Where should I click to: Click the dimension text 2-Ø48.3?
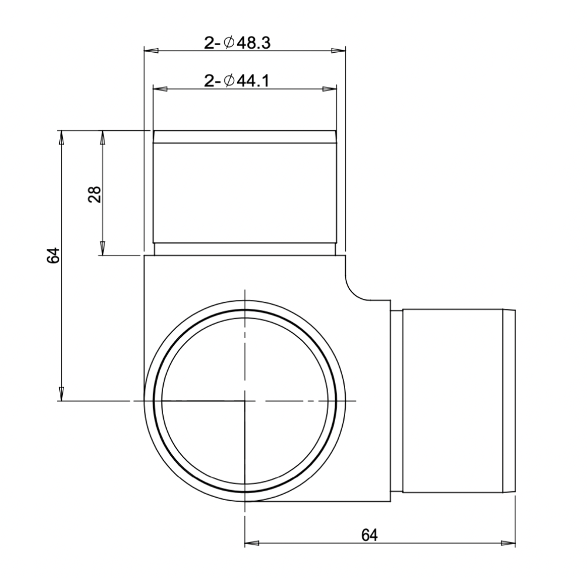tap(237, 43)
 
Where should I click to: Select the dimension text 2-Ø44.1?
tap(237, 81)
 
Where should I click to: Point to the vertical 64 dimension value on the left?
tap(53, 256)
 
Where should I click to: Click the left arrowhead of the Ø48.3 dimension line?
tap(150, 51)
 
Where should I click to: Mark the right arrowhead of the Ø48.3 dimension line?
tap(339, 51)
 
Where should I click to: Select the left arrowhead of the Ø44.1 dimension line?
tap(158, 89)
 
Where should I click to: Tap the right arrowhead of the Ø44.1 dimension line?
tap(330, 89)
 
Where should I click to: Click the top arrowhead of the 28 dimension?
tap(102, 136)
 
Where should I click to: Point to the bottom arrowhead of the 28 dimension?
tap(102, 249)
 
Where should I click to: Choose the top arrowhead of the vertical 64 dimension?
tap(60, 136)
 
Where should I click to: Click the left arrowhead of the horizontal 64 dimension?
tap(251, 543)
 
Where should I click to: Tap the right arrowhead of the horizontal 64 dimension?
tap(509, 543)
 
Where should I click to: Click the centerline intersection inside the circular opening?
tap(244, 401)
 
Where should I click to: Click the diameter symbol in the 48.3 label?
tap(228, 43)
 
